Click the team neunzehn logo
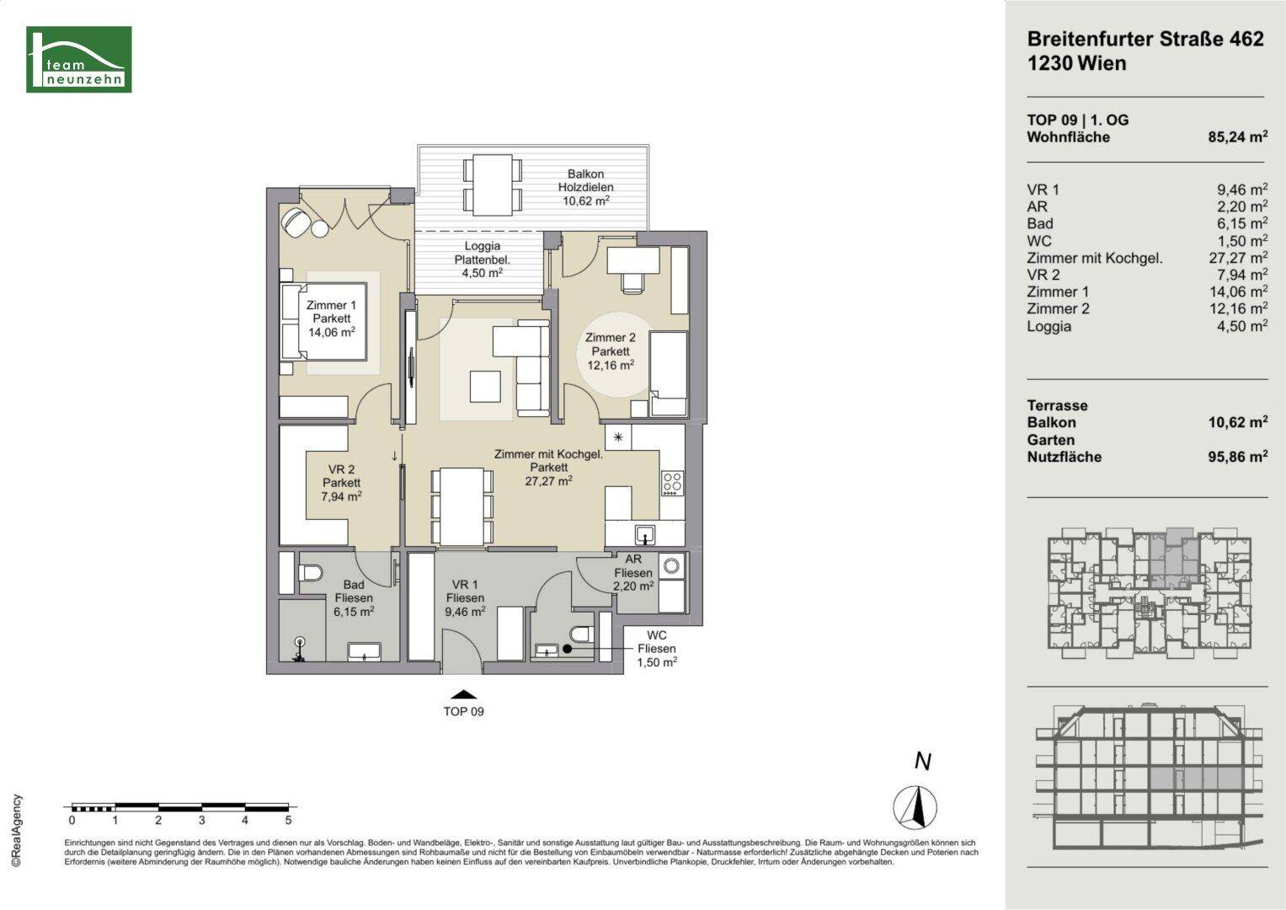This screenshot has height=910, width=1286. [78, 59]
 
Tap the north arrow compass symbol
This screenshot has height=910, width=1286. [915, 806]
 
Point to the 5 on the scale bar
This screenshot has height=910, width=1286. [288, 821]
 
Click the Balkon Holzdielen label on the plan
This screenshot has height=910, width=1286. [585, 187]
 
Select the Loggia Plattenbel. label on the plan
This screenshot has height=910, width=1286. [483, 260]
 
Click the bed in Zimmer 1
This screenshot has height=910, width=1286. [323, 322]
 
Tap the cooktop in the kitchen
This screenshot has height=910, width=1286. [672, 483]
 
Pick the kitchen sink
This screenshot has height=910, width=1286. [645, 534]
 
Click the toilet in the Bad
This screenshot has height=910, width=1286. [311, 573]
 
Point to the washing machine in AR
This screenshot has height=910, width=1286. [671, 566]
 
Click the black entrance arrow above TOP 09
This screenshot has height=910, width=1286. [464, 694]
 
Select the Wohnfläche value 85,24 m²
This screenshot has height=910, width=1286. [1238, 136]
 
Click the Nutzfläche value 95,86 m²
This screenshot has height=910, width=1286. [1238, 457]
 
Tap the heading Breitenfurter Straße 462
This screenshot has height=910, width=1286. [1145, 39]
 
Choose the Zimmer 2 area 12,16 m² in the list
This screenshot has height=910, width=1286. [1238, 308]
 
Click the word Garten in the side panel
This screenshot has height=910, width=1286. [1051, 440]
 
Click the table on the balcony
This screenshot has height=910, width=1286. [493, 185]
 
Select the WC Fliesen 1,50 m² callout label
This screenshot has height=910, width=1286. [657, 649]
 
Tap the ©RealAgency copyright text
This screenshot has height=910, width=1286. [17, 830]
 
